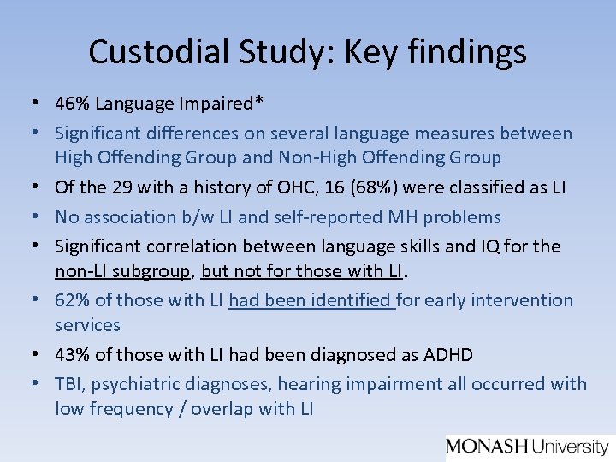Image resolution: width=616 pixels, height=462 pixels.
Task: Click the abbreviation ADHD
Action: coord(448,354)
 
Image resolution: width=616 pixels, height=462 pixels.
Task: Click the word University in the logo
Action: coord(570,446)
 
